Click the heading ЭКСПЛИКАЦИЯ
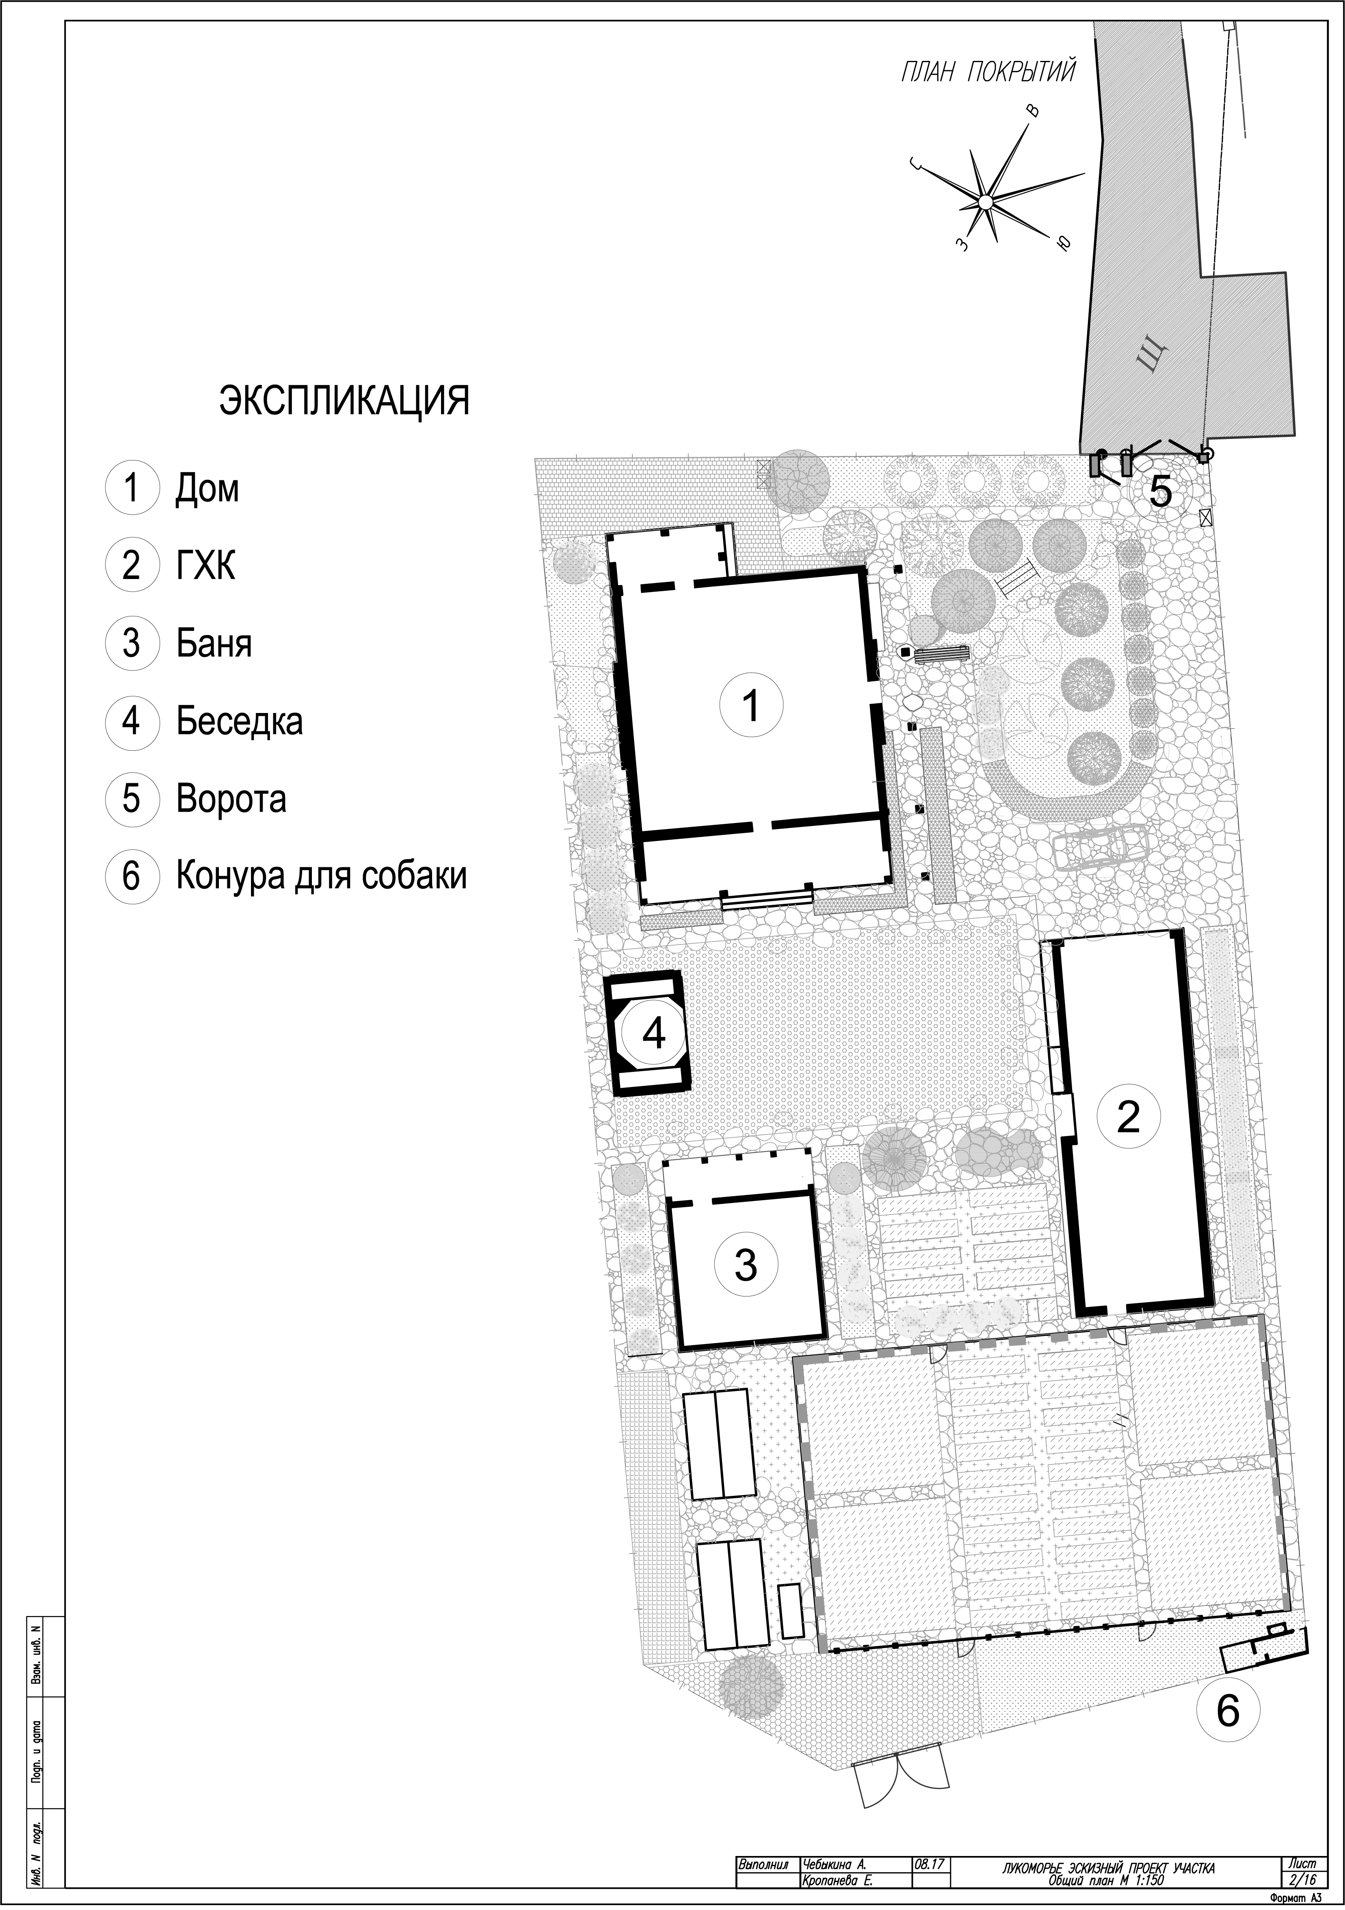(x=344, y=401)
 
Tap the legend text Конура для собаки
(x=321, y=876)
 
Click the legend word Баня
(x=214, y=644)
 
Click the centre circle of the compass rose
(x=985, y=201)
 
